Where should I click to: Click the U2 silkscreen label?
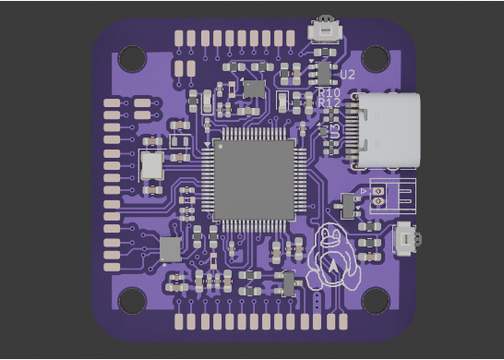[347, 73]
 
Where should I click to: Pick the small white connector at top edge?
[324, 30]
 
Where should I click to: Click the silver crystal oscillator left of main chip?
[150, 166]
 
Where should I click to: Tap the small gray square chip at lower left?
[171, 248]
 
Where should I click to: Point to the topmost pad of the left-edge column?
[113, 102]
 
